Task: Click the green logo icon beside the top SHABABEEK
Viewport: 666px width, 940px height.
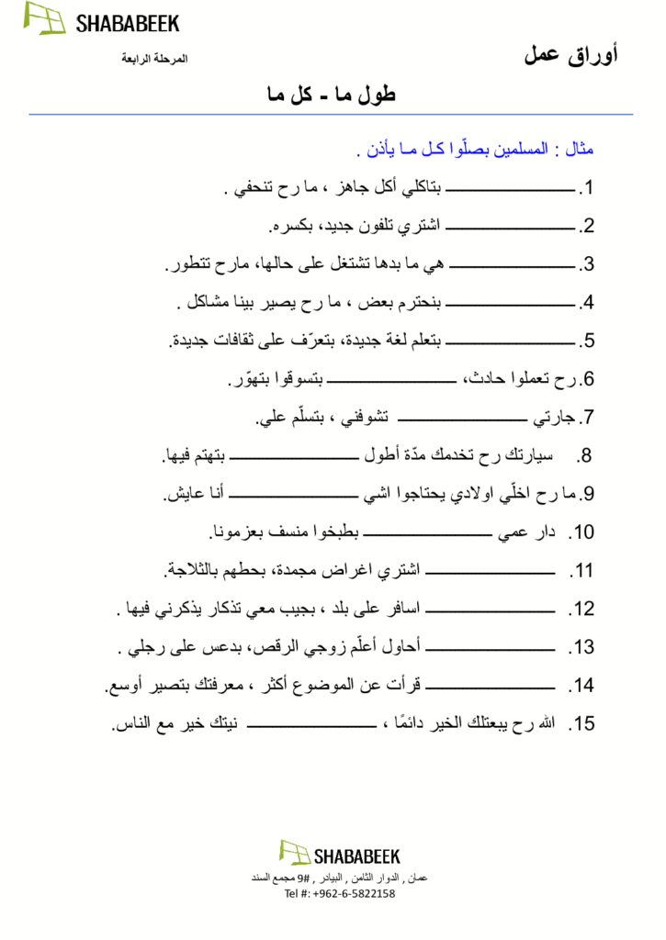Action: (x=44, y=18)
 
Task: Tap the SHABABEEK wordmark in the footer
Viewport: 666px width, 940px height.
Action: (x=356, y=856)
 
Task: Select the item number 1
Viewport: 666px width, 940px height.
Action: (x=588, y=189)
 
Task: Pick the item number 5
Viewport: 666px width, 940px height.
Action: (x=588, y=341)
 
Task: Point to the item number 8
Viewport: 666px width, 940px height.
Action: (x=585, y=455)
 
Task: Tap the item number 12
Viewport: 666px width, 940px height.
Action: (x=582, y=609)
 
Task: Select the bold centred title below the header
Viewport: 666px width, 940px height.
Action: (x=331, y=94)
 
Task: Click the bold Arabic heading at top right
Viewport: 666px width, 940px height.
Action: (x=570, y=55)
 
